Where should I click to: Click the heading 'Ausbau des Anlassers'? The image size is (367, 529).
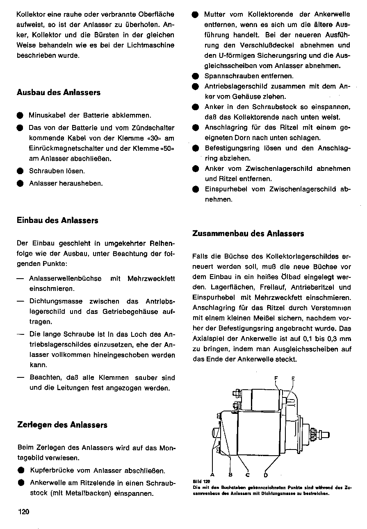pyautogui.click(x=58, y=92)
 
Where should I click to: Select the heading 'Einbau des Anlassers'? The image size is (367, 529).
pyautogui.click(x=57, y=220)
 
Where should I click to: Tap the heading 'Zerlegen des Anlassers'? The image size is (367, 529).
pyautogui.click(x=62, y=425)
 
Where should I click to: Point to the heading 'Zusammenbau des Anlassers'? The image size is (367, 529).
pyautogui.click(x=248, y=234)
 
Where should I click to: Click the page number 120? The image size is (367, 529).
pyautogui.click(x=24, y=511)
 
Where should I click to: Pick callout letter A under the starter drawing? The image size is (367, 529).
pyautogui.click(x=213, y=475)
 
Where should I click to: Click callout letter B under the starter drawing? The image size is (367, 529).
pyautogui.click(x=230, y=475)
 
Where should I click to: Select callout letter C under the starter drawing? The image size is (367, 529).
pyautogui.click(x=248, y=475)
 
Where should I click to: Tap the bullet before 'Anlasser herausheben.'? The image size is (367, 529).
pyautogui.click(x=20, y=183)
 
